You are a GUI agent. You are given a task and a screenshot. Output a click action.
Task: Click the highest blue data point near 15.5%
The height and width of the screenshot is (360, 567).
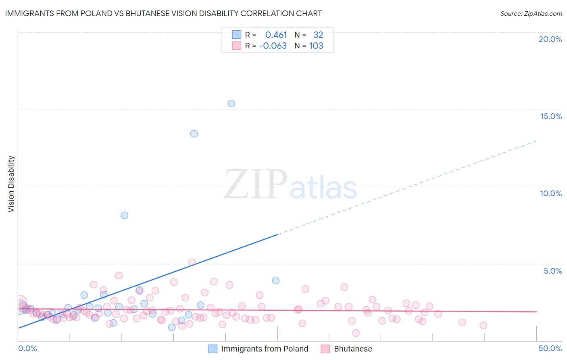click(231, 103)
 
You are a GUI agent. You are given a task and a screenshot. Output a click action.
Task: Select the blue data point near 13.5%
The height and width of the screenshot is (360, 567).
click(194, 134)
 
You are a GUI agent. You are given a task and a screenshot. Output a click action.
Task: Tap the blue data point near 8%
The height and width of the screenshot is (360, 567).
click(125, 216)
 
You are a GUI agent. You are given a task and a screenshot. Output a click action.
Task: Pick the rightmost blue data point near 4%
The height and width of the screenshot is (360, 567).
click(276, 280)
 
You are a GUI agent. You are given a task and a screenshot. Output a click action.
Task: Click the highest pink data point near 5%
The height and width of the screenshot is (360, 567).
click(192, 262)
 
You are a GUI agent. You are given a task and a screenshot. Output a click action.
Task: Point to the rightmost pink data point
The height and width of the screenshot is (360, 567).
click(483, 325)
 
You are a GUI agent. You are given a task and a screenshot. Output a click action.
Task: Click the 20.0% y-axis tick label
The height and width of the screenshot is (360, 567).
click(550, 39)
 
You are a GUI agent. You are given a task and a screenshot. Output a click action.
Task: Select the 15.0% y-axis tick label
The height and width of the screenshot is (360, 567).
click(551, 116)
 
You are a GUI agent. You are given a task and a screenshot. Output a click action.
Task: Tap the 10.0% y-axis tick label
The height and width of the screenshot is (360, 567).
click(551, 193)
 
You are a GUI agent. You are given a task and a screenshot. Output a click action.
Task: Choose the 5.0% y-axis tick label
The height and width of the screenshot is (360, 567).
click(552, 271)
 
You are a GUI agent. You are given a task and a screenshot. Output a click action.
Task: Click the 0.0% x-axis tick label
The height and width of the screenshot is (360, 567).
click(28, 348)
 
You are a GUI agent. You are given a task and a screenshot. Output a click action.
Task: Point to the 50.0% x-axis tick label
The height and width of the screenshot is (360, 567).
click(550, 348)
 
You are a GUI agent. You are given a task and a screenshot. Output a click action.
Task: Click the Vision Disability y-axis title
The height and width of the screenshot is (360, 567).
click(11, 184)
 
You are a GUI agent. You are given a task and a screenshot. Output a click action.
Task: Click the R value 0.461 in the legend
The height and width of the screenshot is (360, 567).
click(276, 35)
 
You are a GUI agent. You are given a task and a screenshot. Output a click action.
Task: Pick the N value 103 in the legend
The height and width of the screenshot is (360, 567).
click(316, 46)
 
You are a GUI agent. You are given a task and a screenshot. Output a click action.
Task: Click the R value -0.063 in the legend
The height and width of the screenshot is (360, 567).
click(273, 46)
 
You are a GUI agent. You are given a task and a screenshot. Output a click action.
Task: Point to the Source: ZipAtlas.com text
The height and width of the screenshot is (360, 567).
click(531, 13)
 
